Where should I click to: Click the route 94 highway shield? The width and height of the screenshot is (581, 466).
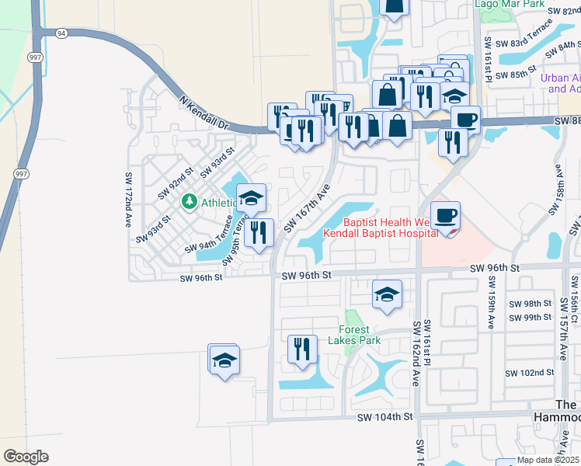coord(61,33)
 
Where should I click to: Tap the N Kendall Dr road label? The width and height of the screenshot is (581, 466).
coord(205,113)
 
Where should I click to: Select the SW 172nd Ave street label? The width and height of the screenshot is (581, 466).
coord(127,200)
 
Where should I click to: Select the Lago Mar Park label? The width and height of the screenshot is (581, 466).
coord(510,4)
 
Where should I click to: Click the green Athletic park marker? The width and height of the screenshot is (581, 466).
coord(189,202)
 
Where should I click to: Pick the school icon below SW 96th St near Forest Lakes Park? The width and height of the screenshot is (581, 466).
coord(387,294)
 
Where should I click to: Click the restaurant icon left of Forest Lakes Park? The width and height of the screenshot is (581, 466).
coord(301,349)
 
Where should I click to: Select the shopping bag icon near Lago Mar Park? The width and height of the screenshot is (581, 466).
coord(394,6)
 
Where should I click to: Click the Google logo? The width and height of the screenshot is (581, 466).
coord(26,457)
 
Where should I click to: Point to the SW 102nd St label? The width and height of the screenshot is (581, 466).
coord(530,373)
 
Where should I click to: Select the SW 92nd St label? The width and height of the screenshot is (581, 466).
coord(175,183)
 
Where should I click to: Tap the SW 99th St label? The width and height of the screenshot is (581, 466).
coord(530,318)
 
